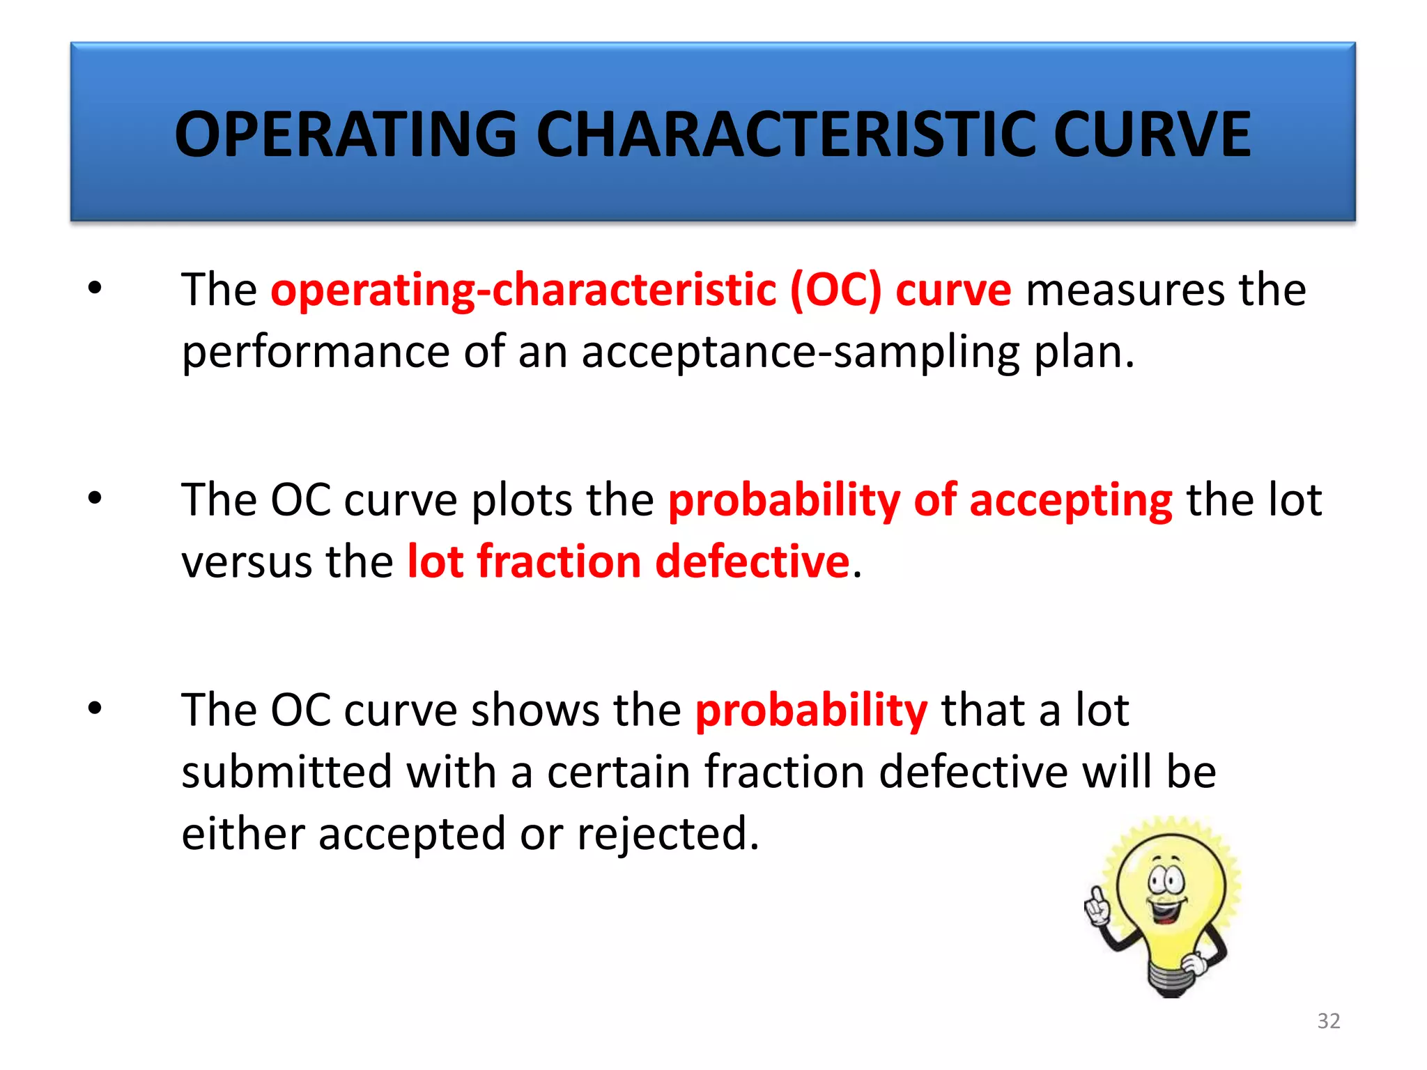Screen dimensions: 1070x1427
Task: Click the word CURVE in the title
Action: click(1151, 134)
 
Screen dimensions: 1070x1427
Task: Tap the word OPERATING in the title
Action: click(346, 134)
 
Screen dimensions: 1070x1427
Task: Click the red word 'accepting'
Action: click(1070, 501)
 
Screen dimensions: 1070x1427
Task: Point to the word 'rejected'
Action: click(665, 834)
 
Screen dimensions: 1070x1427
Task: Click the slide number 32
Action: click(1329, 1021)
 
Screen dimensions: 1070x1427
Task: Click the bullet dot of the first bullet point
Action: click(95, 287)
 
